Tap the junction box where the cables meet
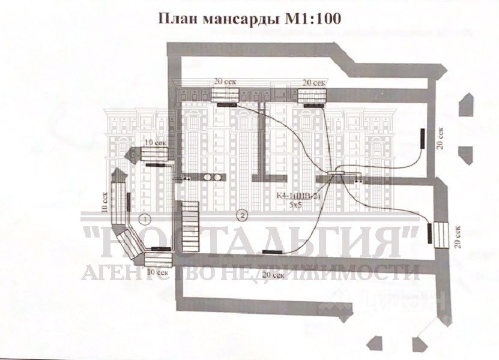tap(336, 174)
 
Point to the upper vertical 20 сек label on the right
tap(441, 139)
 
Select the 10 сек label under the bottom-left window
tap(157, 272)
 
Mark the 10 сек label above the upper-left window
tap(155, 143)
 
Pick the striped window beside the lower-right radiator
tap(441, 234)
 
